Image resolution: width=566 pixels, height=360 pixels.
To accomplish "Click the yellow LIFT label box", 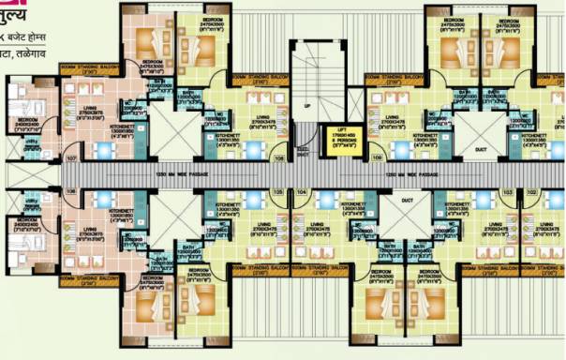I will pos(338,140).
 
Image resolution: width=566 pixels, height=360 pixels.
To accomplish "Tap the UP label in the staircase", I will pos(306,106).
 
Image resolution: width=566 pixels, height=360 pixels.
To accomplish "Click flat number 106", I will pos(280,158).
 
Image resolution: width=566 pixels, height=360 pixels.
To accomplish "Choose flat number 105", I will pos(276,190).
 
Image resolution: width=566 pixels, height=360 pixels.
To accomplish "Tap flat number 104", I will pos(302,190).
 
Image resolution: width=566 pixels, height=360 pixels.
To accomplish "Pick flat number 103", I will pos(507,190).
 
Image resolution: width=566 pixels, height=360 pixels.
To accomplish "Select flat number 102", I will pos(532,190).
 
